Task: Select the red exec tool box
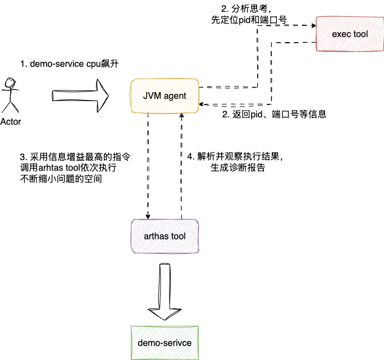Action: [349, 35]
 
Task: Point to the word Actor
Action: [11, 121]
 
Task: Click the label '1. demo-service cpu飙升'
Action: [69, 65]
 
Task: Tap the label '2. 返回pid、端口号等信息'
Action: [275, 114]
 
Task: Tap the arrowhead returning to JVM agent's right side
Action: [203, 104]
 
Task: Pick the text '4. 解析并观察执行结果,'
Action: [235, 156]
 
